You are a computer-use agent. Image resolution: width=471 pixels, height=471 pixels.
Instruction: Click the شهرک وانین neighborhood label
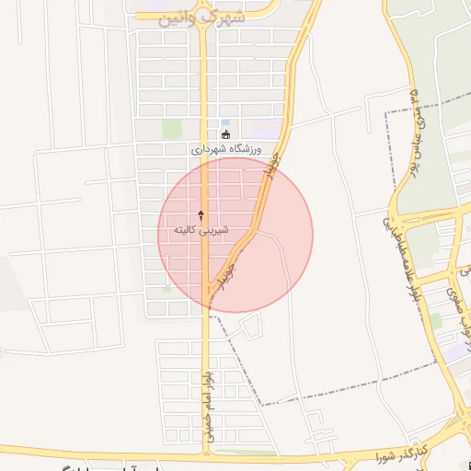[x=204, y=17]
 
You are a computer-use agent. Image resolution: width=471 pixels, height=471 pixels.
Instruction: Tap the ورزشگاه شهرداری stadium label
[x=226, y=149]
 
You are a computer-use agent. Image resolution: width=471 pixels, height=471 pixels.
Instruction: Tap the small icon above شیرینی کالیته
[x=201, y=214]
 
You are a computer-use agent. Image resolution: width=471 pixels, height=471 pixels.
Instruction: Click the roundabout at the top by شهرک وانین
[x=204, y=7]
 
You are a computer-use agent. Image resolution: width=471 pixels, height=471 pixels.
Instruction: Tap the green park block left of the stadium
[x=172, y=130]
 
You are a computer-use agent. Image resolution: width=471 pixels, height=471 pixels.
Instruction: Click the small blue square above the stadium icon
[x=225, y=121]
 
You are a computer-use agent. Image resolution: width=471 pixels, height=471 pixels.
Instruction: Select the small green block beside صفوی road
[x=435, y=320]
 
